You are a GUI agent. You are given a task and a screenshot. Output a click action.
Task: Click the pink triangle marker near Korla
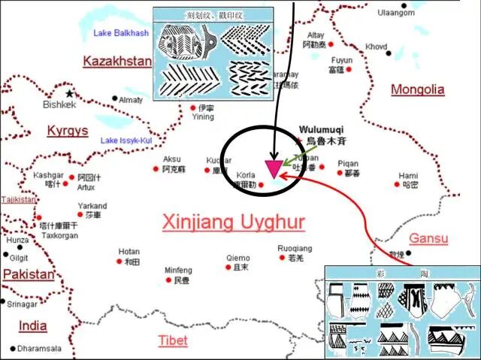click(x=273, y=168)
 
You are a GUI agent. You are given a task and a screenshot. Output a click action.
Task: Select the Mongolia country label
click(x=417, y=89)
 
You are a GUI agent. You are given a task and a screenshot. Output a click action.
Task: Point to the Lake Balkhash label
click(x=121, y=33)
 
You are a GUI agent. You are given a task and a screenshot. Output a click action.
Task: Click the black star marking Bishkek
click(x=70, y=93)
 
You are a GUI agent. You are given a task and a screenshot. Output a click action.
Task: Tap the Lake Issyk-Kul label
click(x=126, y=141)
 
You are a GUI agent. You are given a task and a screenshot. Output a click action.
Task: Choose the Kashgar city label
click(x=48, y=175)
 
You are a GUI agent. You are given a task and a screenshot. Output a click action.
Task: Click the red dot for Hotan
click(x=119, y=262)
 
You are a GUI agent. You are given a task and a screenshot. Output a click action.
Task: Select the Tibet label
click(x=173, y=340)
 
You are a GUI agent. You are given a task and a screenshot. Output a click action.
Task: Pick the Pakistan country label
click(x=29, y=274)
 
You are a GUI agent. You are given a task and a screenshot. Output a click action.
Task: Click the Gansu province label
click(x=428, y=239)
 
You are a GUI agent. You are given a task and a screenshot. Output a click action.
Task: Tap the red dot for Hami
click(x=398, y=184)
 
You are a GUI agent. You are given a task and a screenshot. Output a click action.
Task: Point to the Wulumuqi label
click(x=321, y=129)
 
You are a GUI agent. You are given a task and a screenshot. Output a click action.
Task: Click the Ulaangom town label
click(x=396, y=13)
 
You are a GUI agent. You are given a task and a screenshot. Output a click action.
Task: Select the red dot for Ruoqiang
click(x=281, y=259)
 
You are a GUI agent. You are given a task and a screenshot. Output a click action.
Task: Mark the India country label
click(x=33, y=325)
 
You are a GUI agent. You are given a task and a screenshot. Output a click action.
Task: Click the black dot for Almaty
click(x=114, y=99)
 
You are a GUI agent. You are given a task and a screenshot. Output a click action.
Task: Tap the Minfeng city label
click(x=178, y=270)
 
